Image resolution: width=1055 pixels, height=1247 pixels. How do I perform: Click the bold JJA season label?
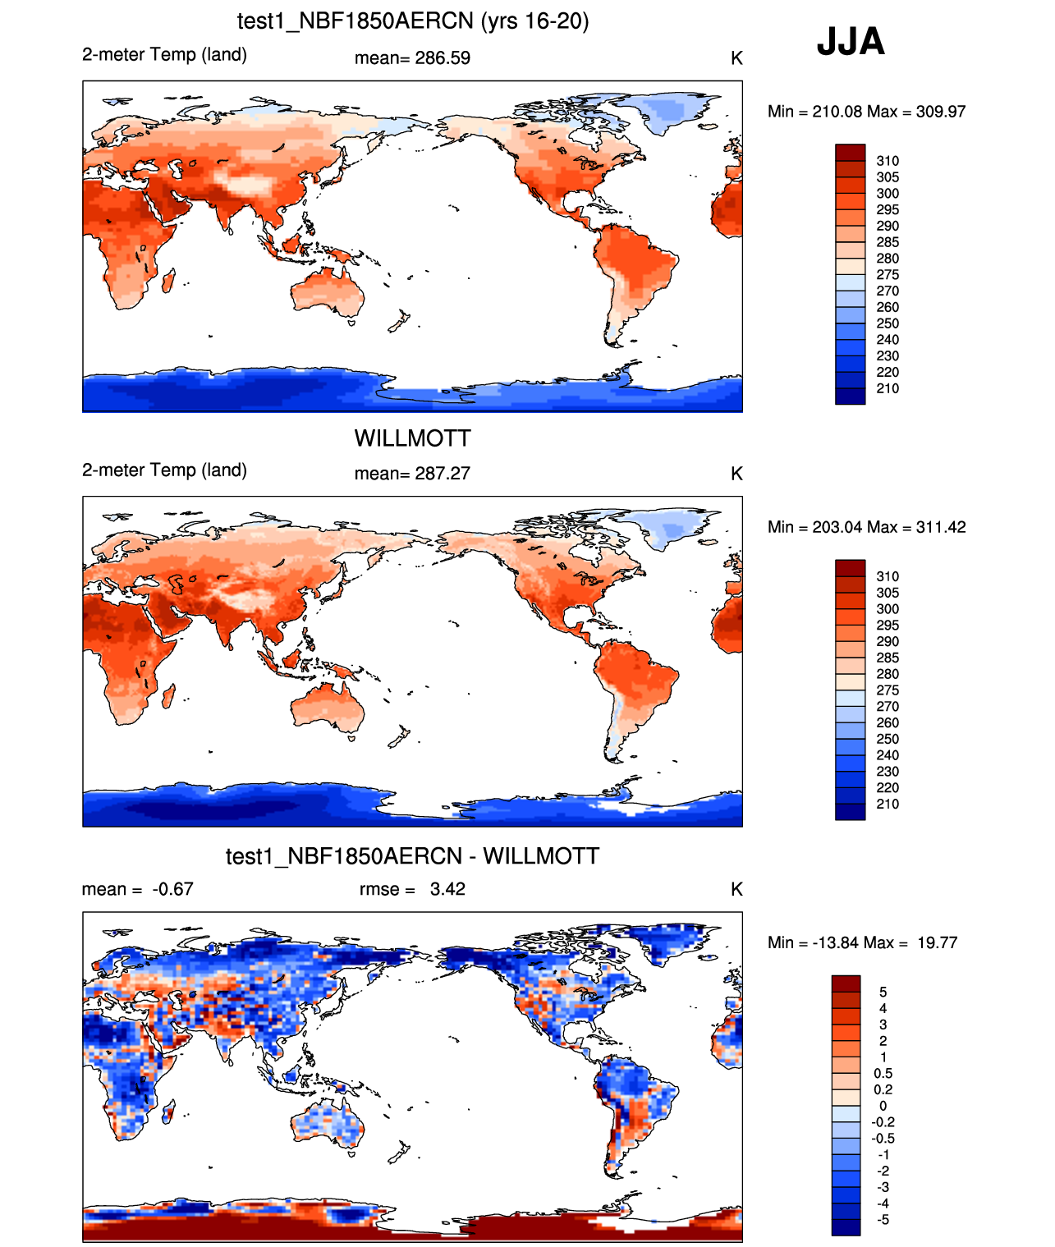[851, 41]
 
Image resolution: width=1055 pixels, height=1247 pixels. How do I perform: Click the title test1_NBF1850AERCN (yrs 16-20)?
[413, 21]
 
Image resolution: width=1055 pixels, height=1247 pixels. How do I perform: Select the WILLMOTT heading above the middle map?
[412, 438]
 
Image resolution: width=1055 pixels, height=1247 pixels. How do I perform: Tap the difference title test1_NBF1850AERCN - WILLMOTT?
[412, 856]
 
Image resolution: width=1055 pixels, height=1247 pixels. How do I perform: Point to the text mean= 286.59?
[412, 58]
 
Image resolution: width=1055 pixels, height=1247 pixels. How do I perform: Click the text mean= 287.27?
[412, 474]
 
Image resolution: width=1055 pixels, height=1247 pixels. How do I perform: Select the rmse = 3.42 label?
[412, 889]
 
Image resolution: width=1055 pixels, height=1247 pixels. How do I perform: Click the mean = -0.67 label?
[138, 889]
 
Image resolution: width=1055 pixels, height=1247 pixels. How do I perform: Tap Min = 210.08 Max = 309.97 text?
[866, 112]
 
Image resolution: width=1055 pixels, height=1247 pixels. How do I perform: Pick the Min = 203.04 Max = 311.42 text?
[866, 527]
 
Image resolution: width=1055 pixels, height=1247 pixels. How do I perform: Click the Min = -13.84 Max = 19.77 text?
[862, 942]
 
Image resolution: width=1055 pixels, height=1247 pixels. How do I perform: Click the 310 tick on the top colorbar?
[888, 161]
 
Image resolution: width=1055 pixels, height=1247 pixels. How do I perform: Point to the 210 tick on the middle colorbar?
[888, 804]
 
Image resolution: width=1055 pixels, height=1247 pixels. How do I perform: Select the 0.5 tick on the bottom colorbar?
[883, 1073]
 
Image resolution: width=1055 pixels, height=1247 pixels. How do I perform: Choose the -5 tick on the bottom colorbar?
[883, 1219]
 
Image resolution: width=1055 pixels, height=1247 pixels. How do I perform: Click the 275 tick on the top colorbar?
[888, 274]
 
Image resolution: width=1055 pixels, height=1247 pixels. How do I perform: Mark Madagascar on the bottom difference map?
[170, 1113]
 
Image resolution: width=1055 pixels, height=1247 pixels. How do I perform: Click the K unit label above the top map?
[736, 58]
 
